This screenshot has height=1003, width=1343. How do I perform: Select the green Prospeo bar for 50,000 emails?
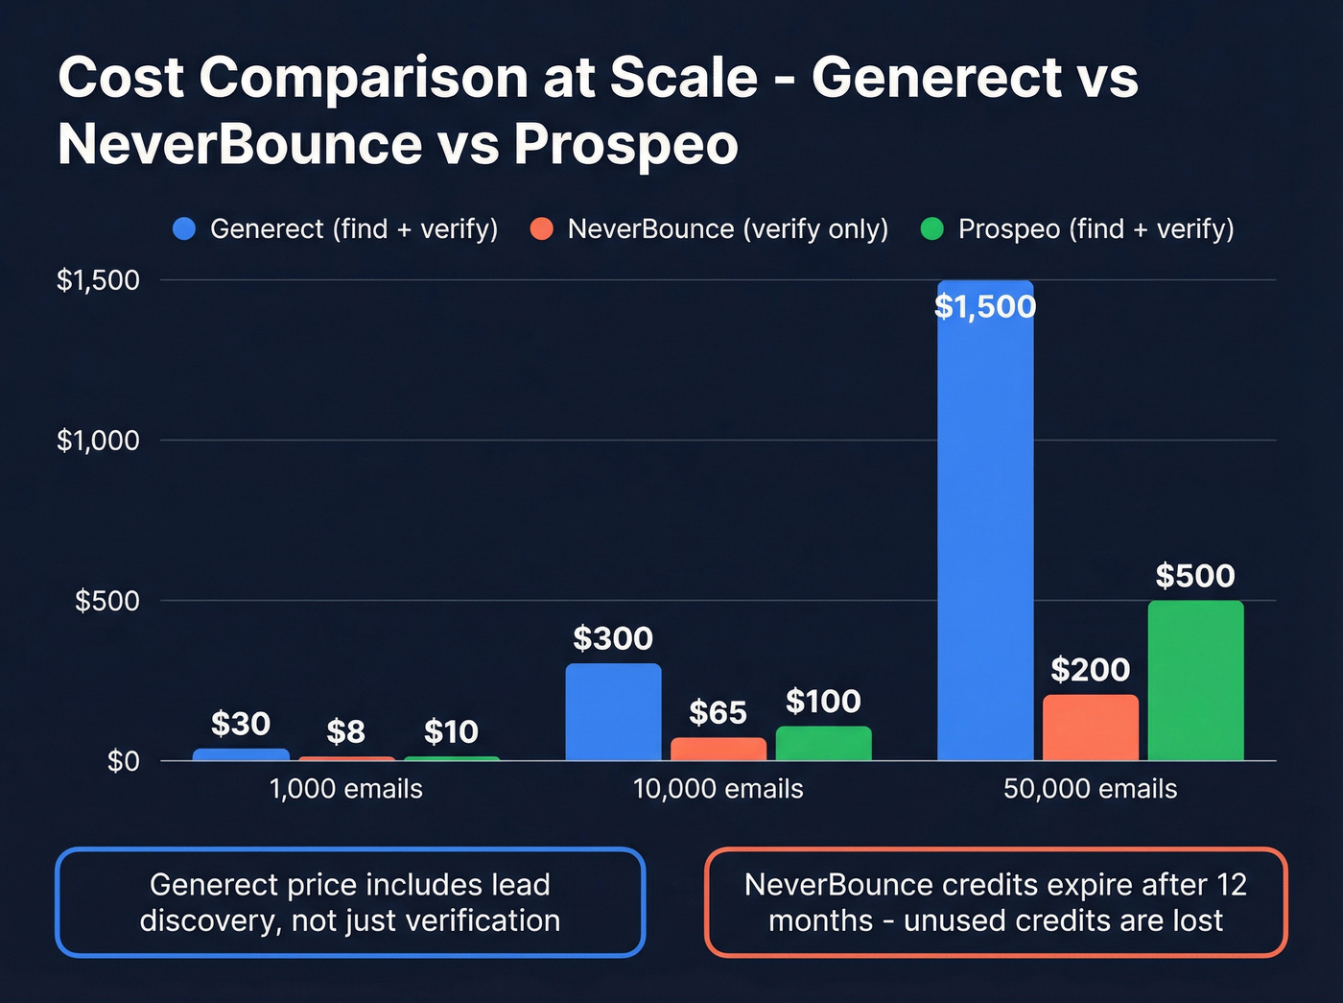coord(1195,681)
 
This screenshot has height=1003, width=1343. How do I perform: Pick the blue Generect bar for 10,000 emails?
coord(613,712)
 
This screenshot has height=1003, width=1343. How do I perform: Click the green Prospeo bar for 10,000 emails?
coord(823,744)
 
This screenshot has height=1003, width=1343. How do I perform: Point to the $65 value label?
coord(718,713)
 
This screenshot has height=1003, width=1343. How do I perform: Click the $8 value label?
coord(345,732)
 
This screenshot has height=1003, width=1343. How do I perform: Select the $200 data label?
coord(1090,670)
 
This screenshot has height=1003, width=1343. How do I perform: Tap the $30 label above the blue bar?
coord(240,724)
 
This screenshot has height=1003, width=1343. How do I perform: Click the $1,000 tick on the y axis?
coord(98,441)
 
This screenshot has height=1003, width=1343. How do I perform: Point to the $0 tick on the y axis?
coord(123,761)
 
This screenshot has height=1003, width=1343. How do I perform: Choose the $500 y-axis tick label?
coord(107,601)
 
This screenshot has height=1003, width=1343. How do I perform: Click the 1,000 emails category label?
coord(345,789)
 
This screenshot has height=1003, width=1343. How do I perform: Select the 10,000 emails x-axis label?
coord(718,789)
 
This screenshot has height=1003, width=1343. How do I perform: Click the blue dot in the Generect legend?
coord(184,229)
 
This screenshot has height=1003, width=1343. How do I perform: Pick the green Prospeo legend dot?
coord(932,229)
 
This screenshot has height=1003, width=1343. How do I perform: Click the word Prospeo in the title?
coord(625,145)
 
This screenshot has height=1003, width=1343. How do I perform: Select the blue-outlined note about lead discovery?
coord(350,902)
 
